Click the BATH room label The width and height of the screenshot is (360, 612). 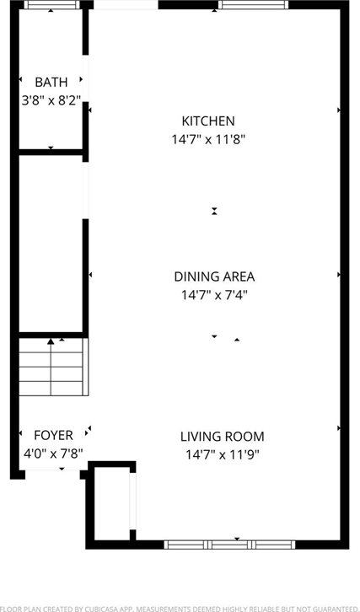click(51, 82)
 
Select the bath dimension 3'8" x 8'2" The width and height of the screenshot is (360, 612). click(51, 99)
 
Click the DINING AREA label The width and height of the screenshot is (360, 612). click(214, 276)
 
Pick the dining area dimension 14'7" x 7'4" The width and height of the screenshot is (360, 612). click(214, 294)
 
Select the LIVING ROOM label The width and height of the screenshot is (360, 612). click(223, 437)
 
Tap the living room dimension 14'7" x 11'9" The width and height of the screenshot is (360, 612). click(223, 454)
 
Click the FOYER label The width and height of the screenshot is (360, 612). click(52, 435)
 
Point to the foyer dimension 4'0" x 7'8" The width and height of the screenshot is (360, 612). click(52, 453)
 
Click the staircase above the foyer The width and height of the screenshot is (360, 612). click(52, 367)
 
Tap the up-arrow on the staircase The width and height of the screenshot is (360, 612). click(51, 341)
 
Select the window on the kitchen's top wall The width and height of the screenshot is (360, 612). click(253, 5)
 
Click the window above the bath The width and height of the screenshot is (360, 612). click(51, 6)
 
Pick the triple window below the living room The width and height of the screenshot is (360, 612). click(229, 545)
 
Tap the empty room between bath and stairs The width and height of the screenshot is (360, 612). click(51, 244)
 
